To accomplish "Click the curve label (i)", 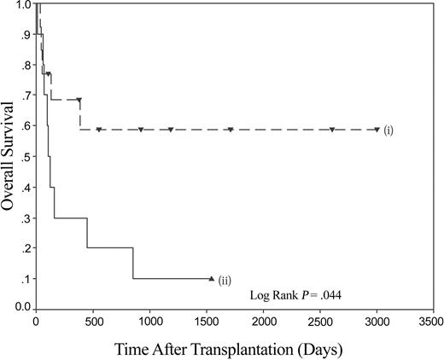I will coord(388,131).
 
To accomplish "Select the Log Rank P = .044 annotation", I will coord(295,294).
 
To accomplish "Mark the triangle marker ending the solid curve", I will coord(211,277).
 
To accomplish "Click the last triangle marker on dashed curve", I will coord(377,130).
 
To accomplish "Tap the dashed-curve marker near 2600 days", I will coord(331,130).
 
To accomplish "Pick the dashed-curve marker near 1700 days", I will coord(230,130).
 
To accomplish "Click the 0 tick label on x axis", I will coord(36,322).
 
